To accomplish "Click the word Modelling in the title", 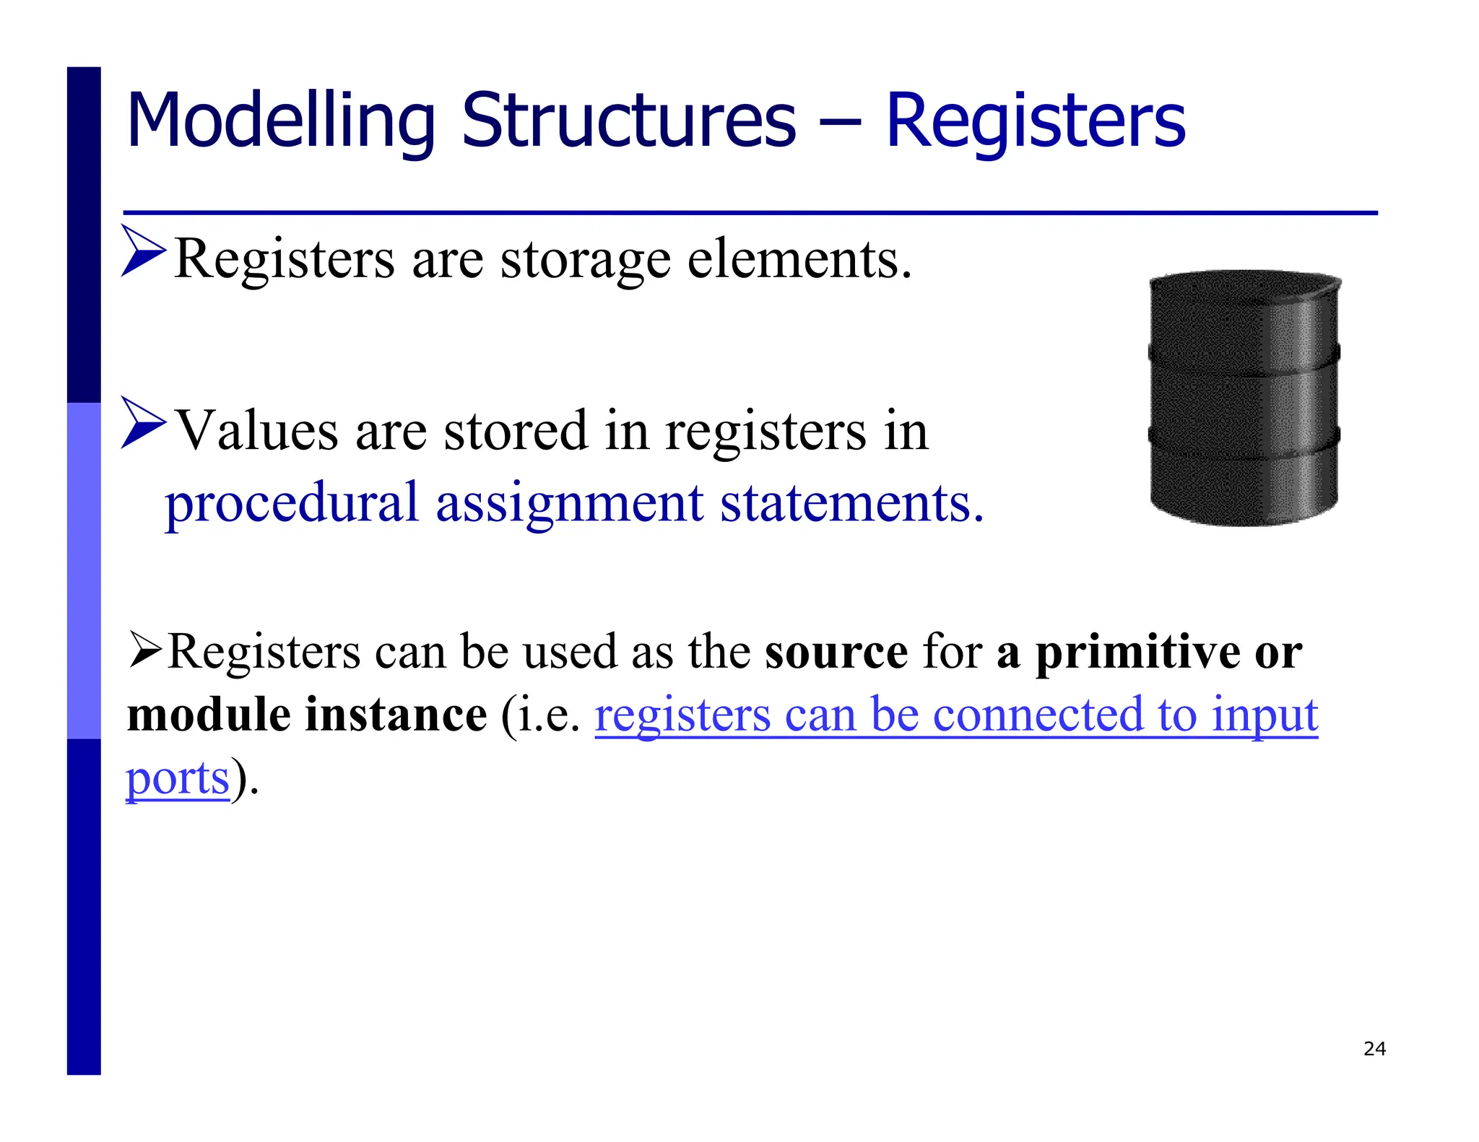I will tap(281, 121).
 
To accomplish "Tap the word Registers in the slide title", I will tap(1035, 121).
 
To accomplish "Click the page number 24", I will tap(1374, 1049).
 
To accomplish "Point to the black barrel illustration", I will tap(1244, 398).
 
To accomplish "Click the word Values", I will tap(258, 431).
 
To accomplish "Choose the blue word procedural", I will tap(292, 504).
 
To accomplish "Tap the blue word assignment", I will tap(569, 503).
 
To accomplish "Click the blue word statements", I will tap(851, 503).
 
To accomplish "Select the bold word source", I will tap(836, 652).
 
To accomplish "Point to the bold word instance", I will tap(396, 715).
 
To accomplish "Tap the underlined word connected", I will tap(1038, 715).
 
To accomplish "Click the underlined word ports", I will tap(178, 779).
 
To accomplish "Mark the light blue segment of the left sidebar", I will tap(84, 570).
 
